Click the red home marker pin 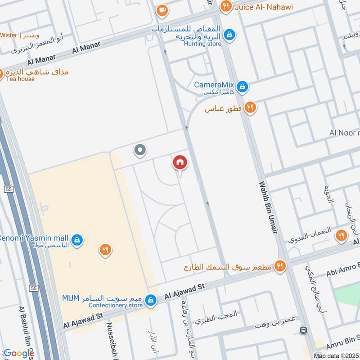(x=180, y=162)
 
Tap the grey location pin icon (x=140, y=150)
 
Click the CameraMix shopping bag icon (x=243, y=86)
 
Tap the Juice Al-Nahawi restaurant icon (x=226, y=6)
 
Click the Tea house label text (x=20, y=79)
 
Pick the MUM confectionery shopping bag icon (x=151, y=299)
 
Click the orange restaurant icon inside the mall (x=105, y=250)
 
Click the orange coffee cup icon (x=161, y=10)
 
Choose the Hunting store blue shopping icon (x=229, y=34)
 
